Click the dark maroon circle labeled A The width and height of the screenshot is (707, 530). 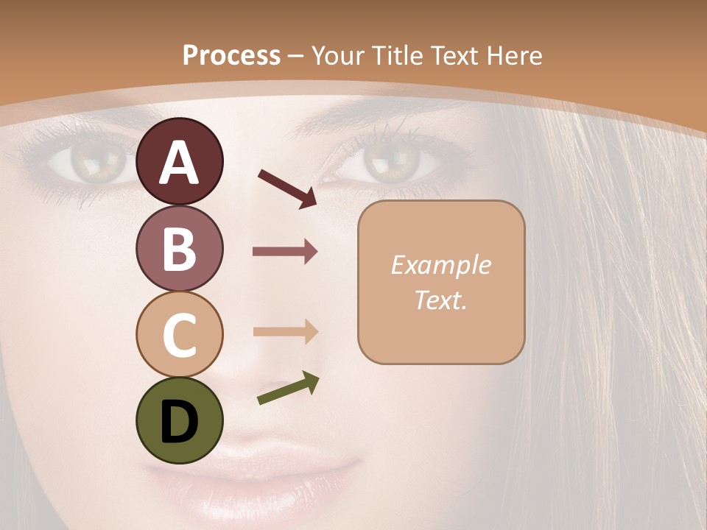point(180,161)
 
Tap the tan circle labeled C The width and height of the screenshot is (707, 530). point(180,333)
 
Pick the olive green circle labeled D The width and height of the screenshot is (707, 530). point(180,420)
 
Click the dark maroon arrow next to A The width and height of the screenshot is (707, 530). point(287,188)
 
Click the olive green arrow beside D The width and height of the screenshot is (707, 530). point(288,389)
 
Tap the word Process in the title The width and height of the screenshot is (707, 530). point(231,56)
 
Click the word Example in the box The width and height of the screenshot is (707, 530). point(440,265)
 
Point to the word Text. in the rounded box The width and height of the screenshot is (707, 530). point(440,300)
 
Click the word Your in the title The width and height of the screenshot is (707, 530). point(340,56)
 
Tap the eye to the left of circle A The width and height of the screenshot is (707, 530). point(92,160)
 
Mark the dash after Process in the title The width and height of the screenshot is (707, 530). point(296,56)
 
